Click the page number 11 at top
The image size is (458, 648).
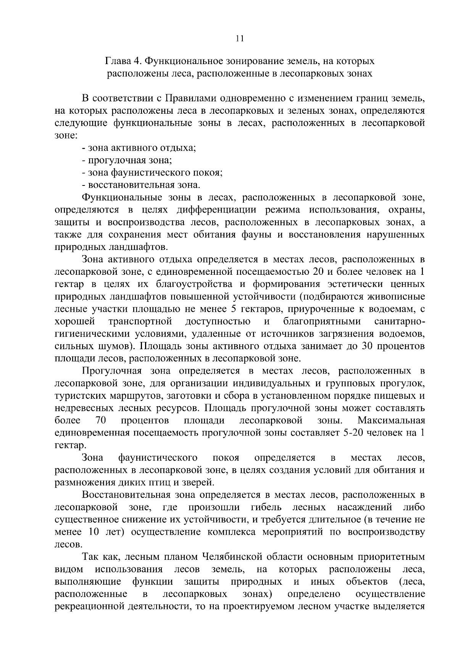click(x=240, y=38)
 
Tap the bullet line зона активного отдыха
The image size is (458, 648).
click(x=139, y=148)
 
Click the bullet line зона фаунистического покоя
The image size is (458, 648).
click(x=152, y=173)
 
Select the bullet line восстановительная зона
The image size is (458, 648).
click(x=141, y=185)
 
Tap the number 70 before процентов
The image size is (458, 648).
click(x=100, y=421)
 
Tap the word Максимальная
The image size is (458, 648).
click(x=391, y=421)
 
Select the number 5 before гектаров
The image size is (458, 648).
click(x=234, y=309)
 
